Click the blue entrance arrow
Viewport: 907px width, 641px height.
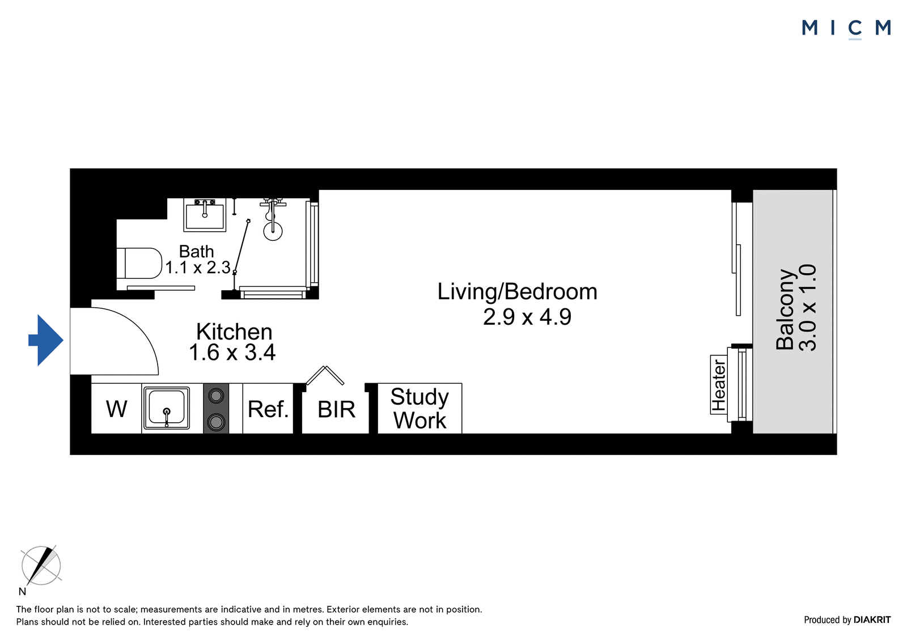46,340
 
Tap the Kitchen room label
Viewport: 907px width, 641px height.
234,332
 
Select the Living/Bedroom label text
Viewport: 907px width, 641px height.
517,292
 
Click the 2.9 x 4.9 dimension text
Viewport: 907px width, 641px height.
527,317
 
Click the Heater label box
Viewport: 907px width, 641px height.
719,384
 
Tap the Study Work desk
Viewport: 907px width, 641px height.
419,408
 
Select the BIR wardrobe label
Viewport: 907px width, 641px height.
336,409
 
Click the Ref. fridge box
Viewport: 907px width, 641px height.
268,408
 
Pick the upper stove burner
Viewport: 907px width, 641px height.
216,396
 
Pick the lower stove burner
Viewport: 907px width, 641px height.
216,422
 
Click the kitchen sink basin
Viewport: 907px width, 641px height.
167,407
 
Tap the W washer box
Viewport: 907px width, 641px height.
116,408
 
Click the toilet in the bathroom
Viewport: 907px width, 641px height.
139,263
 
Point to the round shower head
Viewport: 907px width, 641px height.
273,231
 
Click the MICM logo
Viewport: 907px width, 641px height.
846,28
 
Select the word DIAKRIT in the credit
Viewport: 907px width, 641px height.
872,619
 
